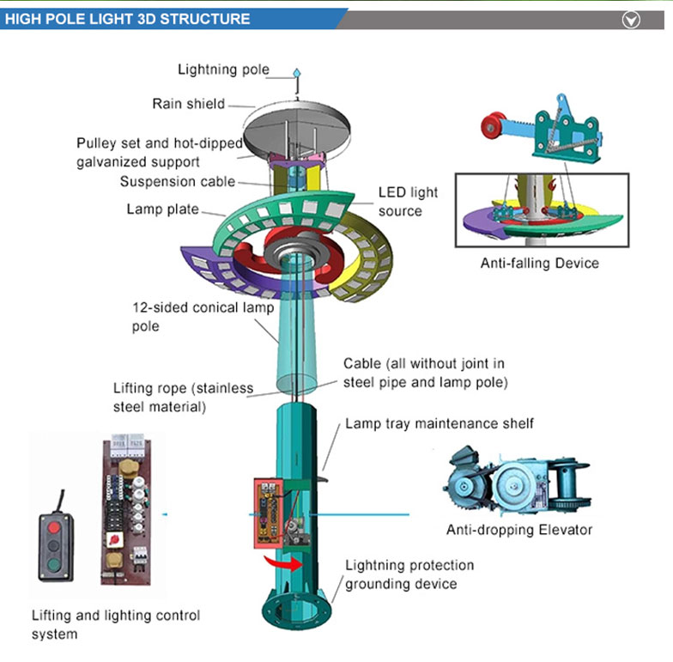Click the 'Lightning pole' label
(223, 70)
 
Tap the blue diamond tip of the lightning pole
(297, 74)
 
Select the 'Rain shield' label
(189, 104)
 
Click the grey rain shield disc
(297, 127)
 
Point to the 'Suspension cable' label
(178, 182)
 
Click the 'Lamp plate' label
(163, 210)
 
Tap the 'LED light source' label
(408, 202)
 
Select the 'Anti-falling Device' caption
(539, 263)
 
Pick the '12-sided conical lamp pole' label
(203, 317)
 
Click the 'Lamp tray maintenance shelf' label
(440, 424)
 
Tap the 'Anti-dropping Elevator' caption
(519, 530)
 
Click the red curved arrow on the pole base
(283, 562)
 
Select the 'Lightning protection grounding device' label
(409, 574)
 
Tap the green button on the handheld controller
(53, 564)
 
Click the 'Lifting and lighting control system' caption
(116, 625)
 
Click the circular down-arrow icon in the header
(631, 20)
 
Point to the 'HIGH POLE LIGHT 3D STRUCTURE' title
(127, 19)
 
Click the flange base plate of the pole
(295, 610)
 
